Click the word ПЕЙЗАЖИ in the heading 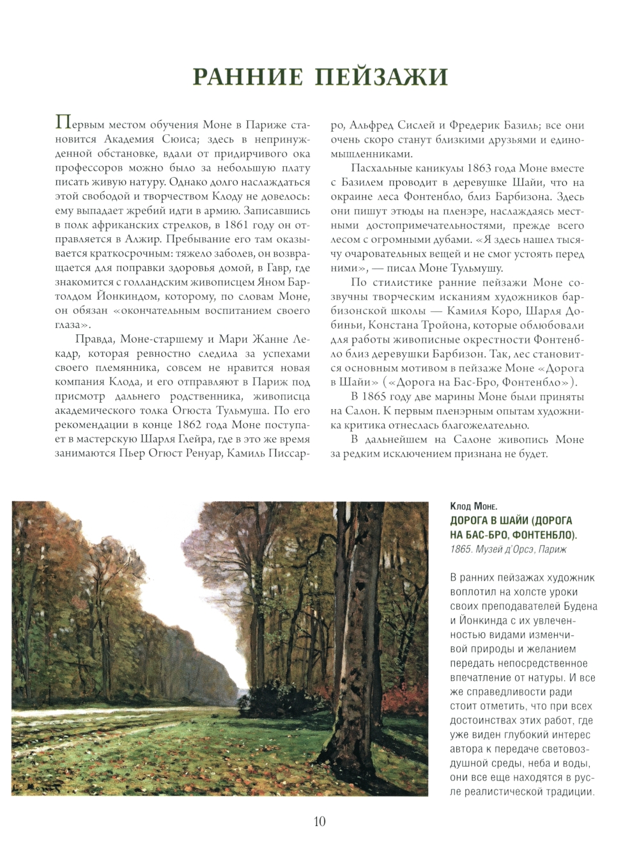[382, 77]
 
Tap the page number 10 [319, 822]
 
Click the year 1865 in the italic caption [460, 549]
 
